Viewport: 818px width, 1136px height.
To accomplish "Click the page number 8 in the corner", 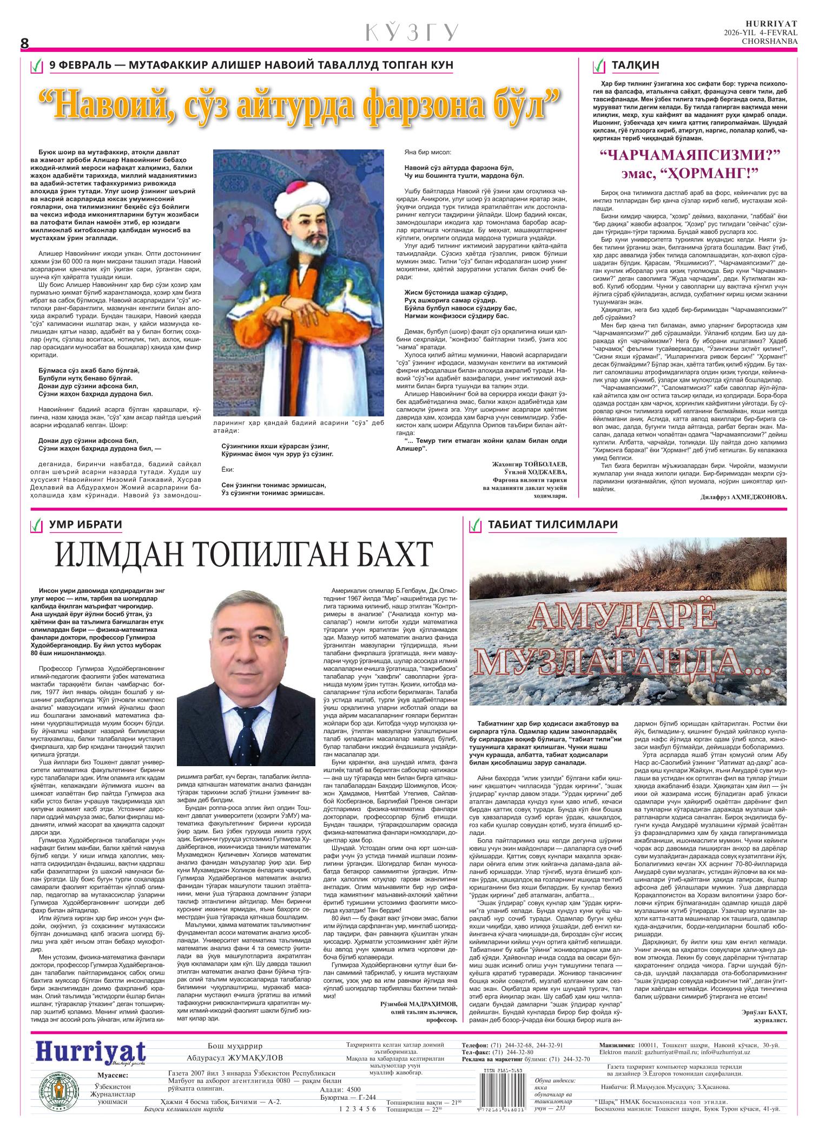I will pos(24,43).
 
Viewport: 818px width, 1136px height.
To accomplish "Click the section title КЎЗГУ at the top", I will pos(412,33).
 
